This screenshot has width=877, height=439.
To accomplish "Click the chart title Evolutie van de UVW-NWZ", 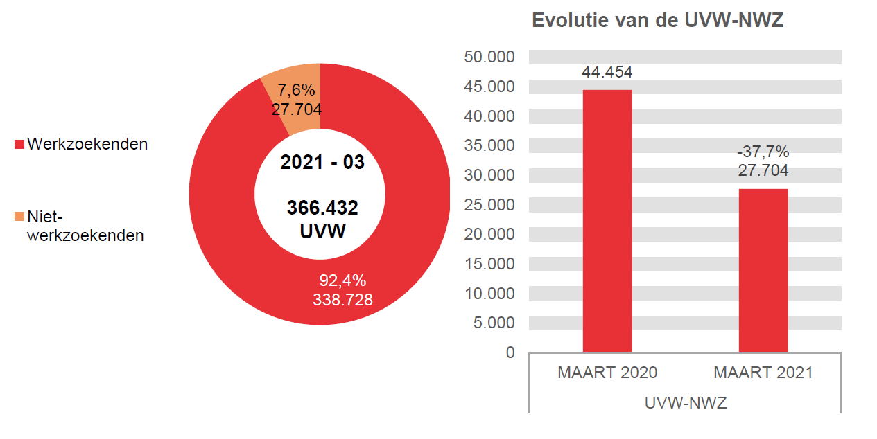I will (657, 21).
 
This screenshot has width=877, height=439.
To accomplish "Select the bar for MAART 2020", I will (607, 222).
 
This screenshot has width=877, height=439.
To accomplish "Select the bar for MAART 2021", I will (763, 270).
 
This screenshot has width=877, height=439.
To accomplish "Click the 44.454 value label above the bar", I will (607, 73).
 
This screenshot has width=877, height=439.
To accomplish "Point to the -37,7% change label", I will (763, 152).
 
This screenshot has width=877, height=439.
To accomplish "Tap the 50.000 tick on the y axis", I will (489, 57).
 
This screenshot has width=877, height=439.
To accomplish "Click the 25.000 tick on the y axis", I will (489, 204).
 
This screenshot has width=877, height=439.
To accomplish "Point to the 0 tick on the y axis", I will (510, 352).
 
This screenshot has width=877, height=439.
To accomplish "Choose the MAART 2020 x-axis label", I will (607, 373).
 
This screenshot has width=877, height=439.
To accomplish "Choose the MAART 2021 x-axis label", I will (763, 373).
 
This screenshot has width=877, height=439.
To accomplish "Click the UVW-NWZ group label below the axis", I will (685, 402).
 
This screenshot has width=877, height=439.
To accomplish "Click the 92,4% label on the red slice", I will (342, 280).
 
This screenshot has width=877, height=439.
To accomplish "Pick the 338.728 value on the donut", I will (342, 299).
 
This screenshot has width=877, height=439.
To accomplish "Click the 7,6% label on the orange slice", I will (296, 90).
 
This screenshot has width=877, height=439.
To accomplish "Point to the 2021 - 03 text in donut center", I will (322, 162).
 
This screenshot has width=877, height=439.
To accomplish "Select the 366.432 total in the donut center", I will (322, 208).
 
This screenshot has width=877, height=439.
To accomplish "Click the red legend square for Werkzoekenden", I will (19, 145).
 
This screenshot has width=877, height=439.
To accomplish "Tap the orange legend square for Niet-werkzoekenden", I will (19, 217).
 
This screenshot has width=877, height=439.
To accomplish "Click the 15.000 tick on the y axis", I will (489, 264).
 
